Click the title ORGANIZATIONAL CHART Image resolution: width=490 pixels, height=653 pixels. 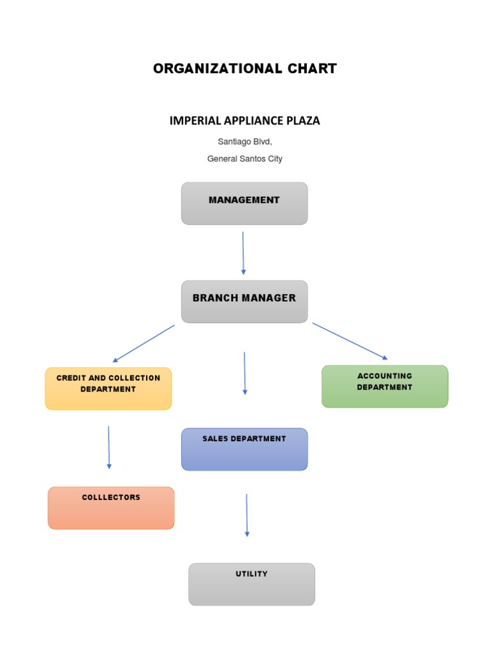point(244,69)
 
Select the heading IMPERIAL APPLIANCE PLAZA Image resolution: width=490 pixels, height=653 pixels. point(244,121)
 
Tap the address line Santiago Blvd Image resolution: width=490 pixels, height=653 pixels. point(244,142)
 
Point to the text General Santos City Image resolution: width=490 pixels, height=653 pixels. point(244,159)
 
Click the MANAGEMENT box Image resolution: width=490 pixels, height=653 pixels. point(244,203)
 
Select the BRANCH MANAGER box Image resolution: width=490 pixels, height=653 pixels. point(244,302)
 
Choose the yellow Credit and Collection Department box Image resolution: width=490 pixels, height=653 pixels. point(108,388)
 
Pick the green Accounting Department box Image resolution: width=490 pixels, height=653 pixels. point(385,386)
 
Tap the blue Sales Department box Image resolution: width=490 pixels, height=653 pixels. point(244,449)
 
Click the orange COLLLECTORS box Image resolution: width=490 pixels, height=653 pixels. point(111,508)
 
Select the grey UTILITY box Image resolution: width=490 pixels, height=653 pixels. point(251,584)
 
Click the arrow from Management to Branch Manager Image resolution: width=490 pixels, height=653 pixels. point(243,253)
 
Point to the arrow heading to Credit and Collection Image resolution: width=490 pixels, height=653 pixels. point(144,344)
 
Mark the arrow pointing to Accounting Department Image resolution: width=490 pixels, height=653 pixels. point(350,341)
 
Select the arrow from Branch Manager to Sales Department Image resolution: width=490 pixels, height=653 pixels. point(244,373)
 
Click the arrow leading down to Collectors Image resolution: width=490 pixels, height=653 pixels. point(109,448)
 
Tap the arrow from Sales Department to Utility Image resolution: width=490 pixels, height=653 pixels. point(247,515)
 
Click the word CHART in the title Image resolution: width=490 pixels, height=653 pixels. point(309,69)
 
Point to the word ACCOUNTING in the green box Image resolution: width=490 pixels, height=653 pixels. point(385,376)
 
